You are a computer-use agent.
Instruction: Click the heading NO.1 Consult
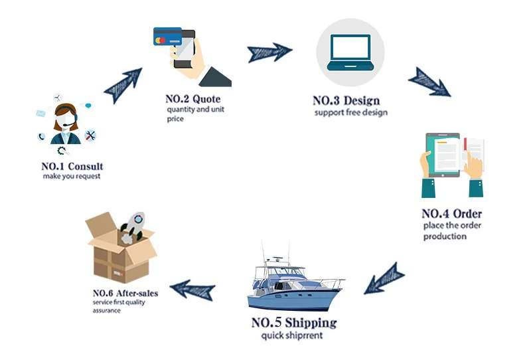72,166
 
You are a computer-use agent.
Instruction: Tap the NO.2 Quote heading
192,99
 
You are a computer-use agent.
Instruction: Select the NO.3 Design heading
346,101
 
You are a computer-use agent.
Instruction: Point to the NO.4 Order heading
451,214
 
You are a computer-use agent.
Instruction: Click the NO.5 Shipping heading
293,323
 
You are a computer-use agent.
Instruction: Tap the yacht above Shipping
294,282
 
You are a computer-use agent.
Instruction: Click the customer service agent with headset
67,126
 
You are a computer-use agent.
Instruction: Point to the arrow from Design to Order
429,80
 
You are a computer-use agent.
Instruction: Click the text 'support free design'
350,113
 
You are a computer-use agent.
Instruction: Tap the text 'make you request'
72,177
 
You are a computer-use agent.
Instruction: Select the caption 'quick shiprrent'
293,335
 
